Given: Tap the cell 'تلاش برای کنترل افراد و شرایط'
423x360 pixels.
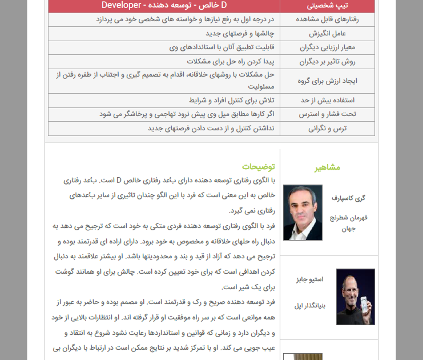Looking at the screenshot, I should click(x=231, y=100).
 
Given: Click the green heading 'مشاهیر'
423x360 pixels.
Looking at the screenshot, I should click(x=327, y=167).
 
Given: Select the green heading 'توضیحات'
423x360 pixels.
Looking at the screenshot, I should click(x=258, y=167).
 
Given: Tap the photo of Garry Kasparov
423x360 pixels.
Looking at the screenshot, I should click(x=303, y=212).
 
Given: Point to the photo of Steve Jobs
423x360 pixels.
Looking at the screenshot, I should click(x=355, y=297).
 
